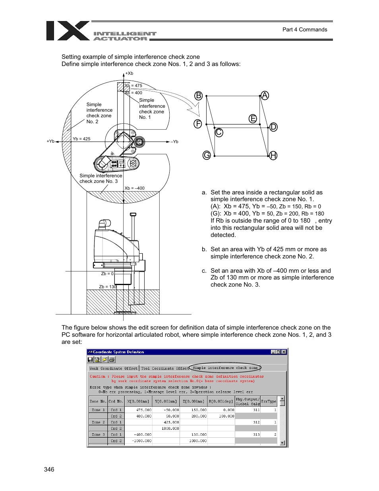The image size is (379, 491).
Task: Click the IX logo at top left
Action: (68, 31)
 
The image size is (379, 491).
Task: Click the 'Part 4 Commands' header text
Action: (305, 29)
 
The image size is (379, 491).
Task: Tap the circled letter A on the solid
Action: (265, 95)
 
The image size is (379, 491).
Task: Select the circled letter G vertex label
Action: (207, 155)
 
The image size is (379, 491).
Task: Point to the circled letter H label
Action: (273, 155)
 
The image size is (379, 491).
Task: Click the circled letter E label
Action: (253, 118)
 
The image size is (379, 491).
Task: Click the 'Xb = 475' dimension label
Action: (133, 85)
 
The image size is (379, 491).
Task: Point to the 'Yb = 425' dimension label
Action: (81, 139)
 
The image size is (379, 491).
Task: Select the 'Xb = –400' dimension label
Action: (135, 188)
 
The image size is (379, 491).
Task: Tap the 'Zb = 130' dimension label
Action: (108, 287)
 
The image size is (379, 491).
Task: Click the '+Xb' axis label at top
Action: (129, 74)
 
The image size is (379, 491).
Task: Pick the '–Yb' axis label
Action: (174, 142)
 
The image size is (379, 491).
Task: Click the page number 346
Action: (49, 469)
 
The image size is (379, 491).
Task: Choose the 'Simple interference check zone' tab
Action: (225, 368)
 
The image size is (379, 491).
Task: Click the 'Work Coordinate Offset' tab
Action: (114, 368)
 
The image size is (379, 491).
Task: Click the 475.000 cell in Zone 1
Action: (143, 409)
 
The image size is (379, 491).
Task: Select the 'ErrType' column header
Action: (269, 401)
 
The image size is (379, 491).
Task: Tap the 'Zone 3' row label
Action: (98, 435)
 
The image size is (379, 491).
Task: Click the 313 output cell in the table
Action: (256, 435)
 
